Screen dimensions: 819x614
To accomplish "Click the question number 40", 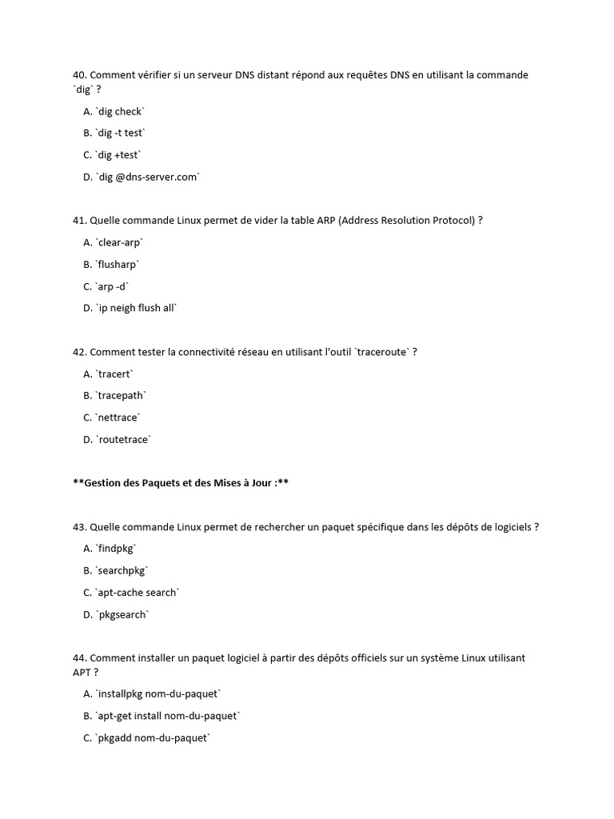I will (x=80, y=75).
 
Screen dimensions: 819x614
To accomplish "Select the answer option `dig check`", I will (x=120, y=111).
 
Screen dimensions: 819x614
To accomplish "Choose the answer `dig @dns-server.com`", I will (x=147, y=177).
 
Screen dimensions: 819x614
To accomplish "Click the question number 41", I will (x=80, y=220).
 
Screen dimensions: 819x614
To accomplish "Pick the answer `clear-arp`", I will (x=120, y=242).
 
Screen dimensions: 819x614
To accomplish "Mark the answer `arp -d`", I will (x=112, y=286).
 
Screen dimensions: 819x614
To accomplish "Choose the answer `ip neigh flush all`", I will (x=136, y=308).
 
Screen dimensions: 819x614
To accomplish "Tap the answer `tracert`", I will (x=115, y=374).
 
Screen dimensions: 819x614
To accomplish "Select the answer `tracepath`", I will (x=122, y=395).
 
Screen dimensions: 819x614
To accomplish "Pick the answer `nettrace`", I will (x=118, y=417).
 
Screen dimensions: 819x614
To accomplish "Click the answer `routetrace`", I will (x=123, y=439).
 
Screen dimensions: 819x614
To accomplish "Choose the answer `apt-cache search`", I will (x=138, y=593).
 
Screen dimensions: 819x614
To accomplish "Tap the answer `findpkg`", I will (x=117, y=549).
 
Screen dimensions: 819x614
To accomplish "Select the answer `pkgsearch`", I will (x=122, y=614).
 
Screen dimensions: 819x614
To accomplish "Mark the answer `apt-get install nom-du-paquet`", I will (x=167, y=716).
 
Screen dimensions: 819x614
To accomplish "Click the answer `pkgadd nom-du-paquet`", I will (x=153, y=738).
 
